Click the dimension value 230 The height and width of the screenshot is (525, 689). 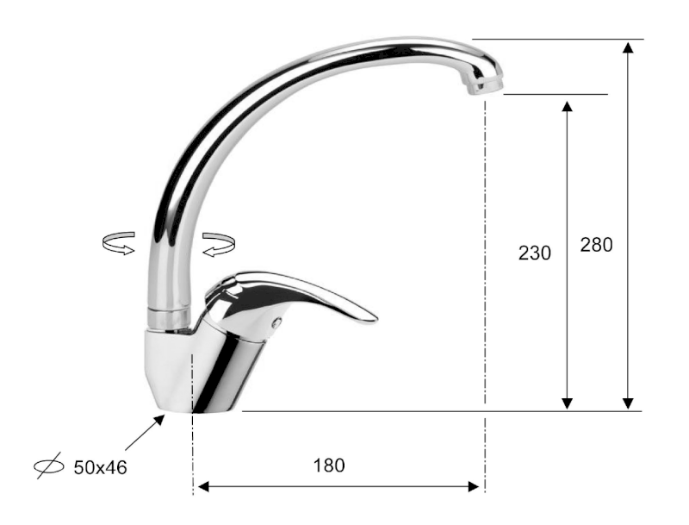coord(535,253)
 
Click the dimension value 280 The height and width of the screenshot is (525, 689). coord(596,244)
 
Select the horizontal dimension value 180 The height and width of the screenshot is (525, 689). coord(329,466)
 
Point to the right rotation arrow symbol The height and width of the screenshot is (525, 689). coord(219,243)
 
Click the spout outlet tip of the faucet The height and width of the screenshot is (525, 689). coord(482,85)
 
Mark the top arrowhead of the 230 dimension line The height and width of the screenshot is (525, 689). coord(567,106)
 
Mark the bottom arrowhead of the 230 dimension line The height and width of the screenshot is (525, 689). coord(567,403)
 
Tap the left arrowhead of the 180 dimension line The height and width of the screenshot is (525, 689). coord(202,487)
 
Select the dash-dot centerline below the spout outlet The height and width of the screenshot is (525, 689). coord(486,259)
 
